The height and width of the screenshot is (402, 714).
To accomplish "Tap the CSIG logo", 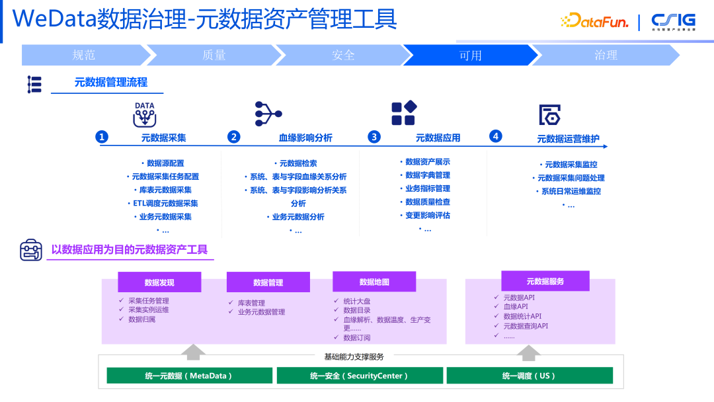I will click(673, 21).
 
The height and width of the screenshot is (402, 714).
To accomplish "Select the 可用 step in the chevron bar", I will click(470, 55).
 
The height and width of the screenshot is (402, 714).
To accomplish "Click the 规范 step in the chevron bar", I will click(84, 55).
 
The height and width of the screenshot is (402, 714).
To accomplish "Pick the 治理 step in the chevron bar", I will click(606, 55).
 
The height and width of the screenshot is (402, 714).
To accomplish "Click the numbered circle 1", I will click(102, 137).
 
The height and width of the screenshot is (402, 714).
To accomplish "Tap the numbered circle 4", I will click(495, 136).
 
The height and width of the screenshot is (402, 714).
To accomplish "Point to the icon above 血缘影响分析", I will click(268, 114).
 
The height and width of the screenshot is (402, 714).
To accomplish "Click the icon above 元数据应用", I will click(403, 113).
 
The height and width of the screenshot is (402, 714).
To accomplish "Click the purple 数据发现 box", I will click(159, 282).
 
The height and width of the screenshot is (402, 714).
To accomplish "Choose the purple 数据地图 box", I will click(374, 282).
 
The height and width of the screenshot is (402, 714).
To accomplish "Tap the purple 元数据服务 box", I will click(545, 281).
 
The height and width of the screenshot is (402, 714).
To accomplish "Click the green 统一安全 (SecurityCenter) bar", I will click(360, 376).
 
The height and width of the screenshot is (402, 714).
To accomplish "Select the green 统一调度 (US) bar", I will click(529, 376).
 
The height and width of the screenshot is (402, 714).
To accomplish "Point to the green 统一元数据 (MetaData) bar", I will click(189, 376).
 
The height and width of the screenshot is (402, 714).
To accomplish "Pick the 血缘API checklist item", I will click(515, 307).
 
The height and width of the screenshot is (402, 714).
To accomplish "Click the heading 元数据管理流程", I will click(110, 83).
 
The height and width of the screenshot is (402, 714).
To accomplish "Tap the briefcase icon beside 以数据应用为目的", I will click(30, 250).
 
